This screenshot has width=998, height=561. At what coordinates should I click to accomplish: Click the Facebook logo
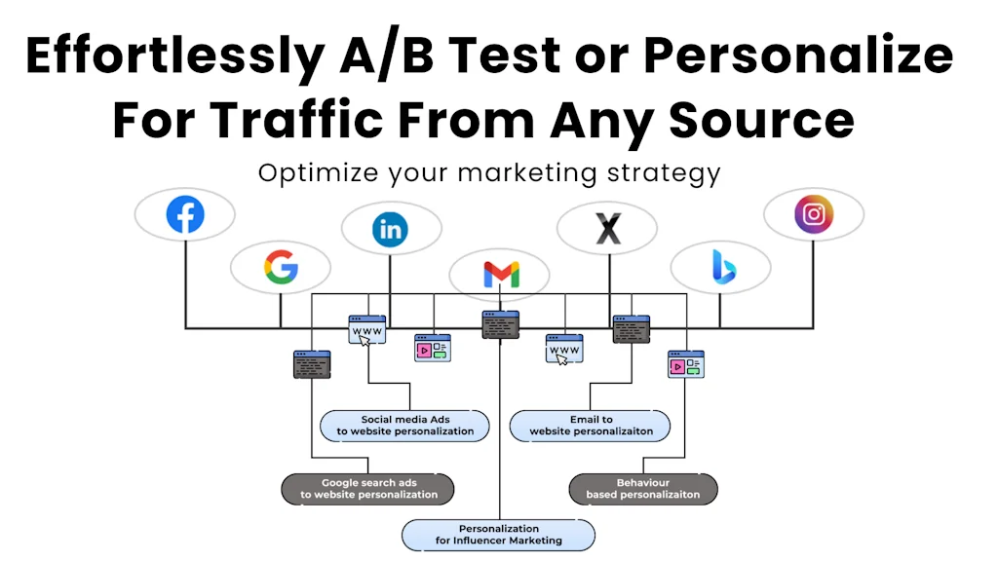(x=185, y=214)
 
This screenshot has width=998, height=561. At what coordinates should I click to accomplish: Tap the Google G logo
(x=281, y=267)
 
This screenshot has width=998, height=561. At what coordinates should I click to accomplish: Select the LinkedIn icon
(x=390, y=229)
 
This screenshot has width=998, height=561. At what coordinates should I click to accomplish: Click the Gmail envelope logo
(x=502, y=274)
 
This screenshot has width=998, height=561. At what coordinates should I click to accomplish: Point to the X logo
(x=608, y=229)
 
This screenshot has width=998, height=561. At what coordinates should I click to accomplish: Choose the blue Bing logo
(x=724, y=267)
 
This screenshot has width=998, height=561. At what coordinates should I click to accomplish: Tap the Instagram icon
(x=814, y=214)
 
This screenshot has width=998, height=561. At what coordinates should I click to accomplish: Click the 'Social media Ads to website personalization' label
(x=404, y=426)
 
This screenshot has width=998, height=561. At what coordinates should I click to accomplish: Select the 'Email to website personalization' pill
(x=590, y=426)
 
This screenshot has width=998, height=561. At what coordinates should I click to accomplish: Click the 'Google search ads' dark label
(x=367, y=489)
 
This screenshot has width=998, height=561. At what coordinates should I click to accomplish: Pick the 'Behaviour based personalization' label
(x=643, y=489)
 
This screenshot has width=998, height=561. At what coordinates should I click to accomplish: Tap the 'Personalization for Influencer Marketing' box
(x=498, y=535)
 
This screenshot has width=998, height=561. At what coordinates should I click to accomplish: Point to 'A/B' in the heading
(x=387, y=56)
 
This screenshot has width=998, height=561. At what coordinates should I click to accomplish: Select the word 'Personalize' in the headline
(x=798, y=55)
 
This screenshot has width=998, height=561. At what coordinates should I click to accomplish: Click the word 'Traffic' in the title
(x=296, y=119)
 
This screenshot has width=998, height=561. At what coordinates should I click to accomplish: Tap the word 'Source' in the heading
(x=762, y=121)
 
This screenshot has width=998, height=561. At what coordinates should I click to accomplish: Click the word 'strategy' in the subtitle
(x=664, y=173)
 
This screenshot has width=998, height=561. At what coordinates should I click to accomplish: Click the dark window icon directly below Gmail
(x=500, y=325)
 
